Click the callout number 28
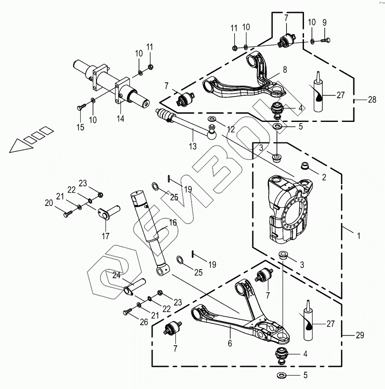click(x=372, y=100)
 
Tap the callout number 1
click(x=359, y=235)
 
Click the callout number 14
click(x=120, y=119)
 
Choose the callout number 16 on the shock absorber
click(x=173, y=223)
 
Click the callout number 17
click(x=105, y=236)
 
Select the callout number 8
click(x=284, y=70)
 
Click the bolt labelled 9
click(x=326, y=40)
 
